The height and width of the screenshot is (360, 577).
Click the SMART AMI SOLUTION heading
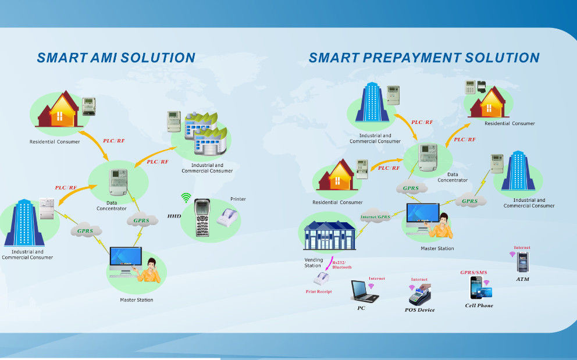click(x=116, y=58)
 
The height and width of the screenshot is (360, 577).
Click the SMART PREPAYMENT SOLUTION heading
click(x=424, y=58)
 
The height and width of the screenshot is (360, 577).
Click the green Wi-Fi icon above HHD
click(x=186, y=198)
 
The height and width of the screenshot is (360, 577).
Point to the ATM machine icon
click(x=522, y=262)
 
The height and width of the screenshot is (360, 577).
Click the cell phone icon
click(x=476, y=288)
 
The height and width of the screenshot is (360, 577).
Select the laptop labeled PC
click(x=363, y=291)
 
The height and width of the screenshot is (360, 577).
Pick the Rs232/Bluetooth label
click(x=341, y=265)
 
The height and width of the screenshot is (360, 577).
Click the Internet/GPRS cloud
click(x=376, y=217)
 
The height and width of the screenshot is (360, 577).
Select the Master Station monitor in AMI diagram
click(x=125, y=259)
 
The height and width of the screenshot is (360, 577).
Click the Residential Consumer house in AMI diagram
click(x=59, y=110)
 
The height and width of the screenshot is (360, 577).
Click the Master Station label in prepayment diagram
click(x=437, y=248)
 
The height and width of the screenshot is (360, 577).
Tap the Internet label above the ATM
click(x=522, y=248)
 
